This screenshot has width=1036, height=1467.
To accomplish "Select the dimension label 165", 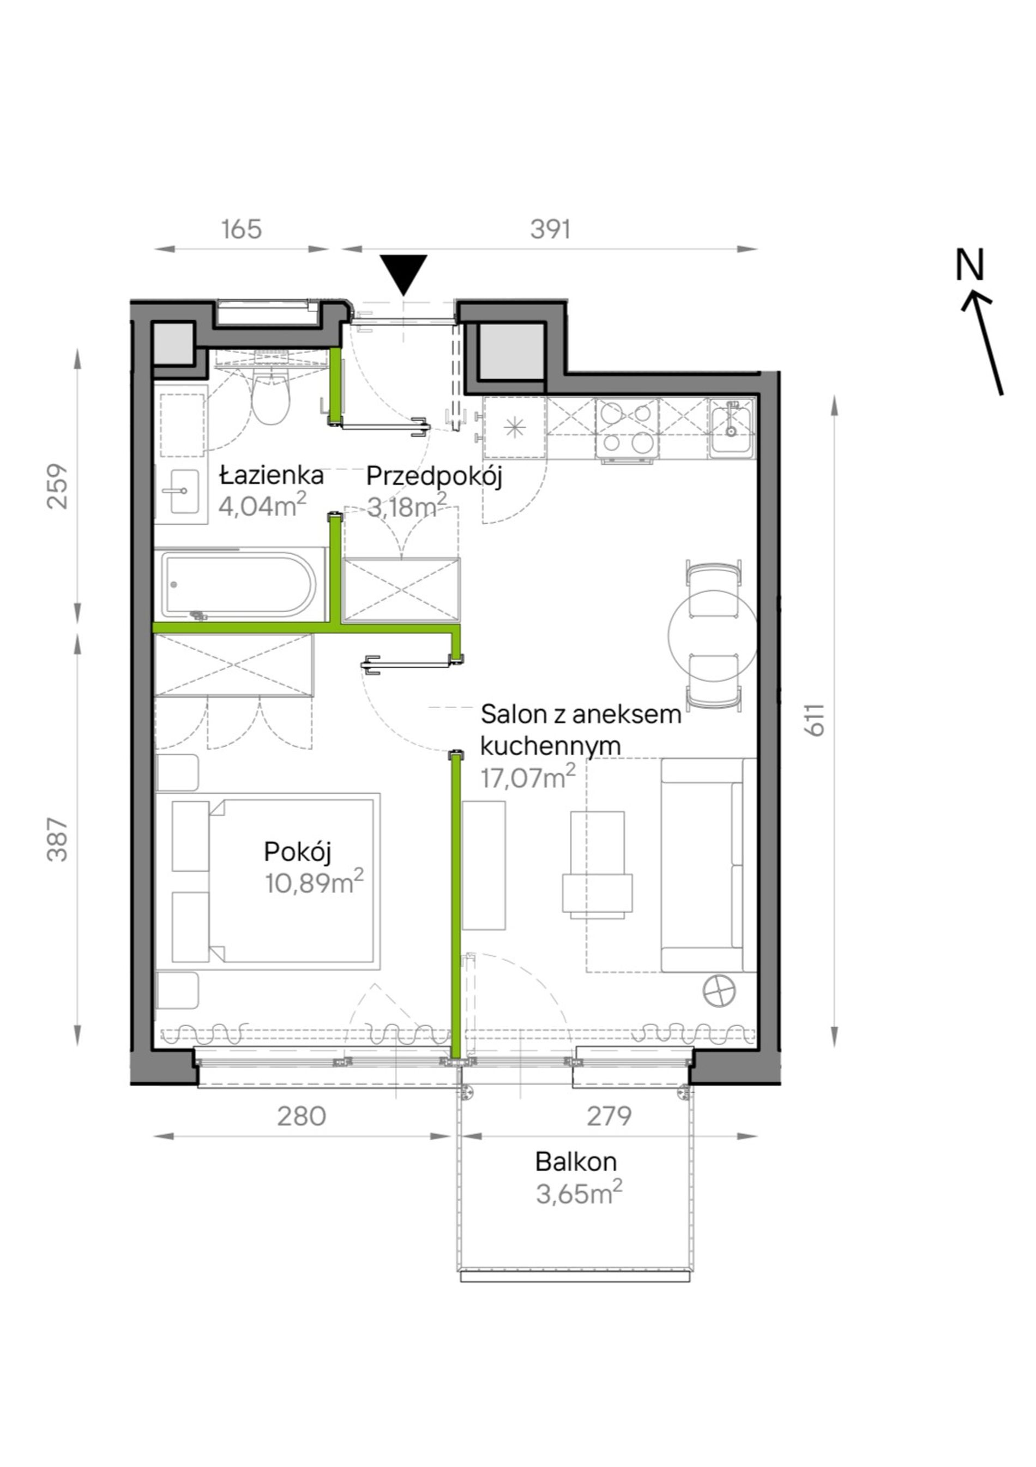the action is [x=242, y=229].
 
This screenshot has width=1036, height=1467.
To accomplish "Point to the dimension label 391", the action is [x=550, y=229].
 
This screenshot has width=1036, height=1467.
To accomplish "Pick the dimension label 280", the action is [x=301, y=1116].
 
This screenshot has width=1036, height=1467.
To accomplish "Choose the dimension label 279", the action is [x=609, y=1116].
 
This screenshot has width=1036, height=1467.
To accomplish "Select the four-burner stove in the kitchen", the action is [x=627, y=428].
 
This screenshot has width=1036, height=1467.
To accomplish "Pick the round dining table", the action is [x=713, y=634].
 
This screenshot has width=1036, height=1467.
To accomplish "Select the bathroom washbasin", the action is [x=182, y=492].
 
